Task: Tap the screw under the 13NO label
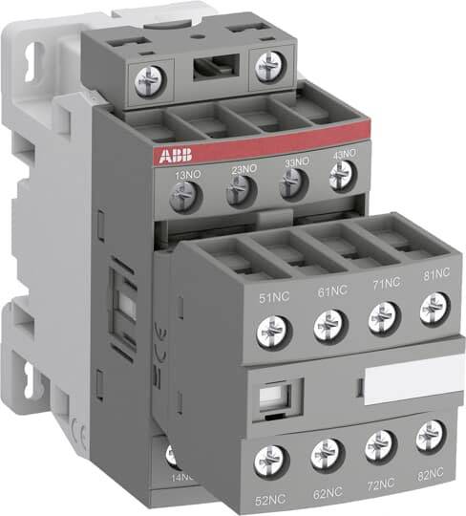coord(180,199)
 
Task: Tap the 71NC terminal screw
coord(383,316)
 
